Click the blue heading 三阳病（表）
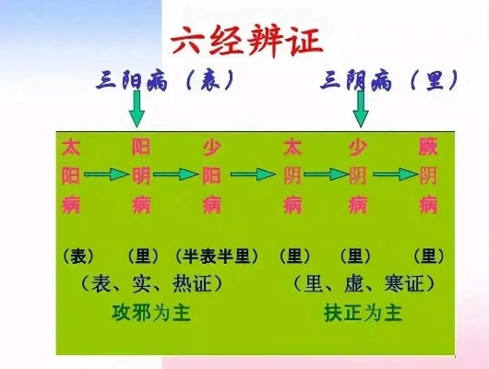(165, 80)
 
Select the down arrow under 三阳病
(137, 109)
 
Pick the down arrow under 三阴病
(361, 109)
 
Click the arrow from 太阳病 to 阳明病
(107, 174)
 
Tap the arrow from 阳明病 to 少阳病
(176, 174)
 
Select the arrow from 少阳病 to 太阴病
(253, 174)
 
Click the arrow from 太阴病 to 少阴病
(326, 174)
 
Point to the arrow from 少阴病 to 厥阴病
(396, 174)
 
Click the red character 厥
(428, 147)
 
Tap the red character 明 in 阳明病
(141, 175)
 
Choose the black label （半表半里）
(217, 256)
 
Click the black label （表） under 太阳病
(78, 256)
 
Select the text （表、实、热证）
(152, 284)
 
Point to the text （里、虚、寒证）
(364, 284)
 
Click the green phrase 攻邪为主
(151, 313)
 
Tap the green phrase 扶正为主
(363, 313)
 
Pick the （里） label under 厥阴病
(429, 256)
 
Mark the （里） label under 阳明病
(143, 256)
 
